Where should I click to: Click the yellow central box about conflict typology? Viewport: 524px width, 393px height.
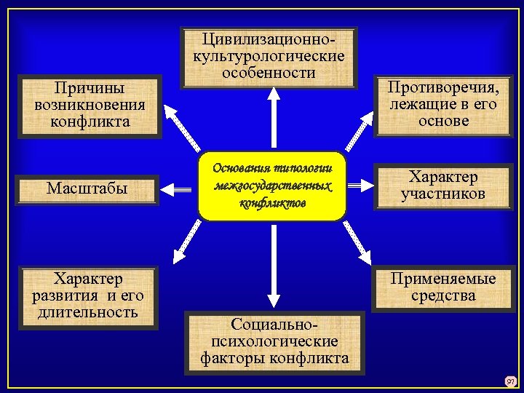coord(271,186)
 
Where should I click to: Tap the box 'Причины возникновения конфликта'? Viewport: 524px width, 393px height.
coord(90,106)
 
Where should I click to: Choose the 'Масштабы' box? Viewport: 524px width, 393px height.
coord(87,188)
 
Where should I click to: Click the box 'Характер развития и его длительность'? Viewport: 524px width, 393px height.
coord(89,297)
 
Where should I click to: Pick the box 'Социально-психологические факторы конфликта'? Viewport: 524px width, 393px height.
coord(274,341)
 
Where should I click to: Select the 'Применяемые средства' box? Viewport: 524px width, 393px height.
coord(442,287)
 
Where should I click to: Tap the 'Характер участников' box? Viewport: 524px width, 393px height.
coord(442,186)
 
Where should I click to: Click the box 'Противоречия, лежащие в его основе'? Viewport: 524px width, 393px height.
coord(443,105)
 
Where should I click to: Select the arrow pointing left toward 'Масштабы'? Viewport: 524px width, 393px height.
coord(179,188)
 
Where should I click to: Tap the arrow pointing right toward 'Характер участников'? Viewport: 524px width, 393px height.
coord(360,186)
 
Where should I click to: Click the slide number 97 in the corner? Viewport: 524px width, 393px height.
coord(510,380)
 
